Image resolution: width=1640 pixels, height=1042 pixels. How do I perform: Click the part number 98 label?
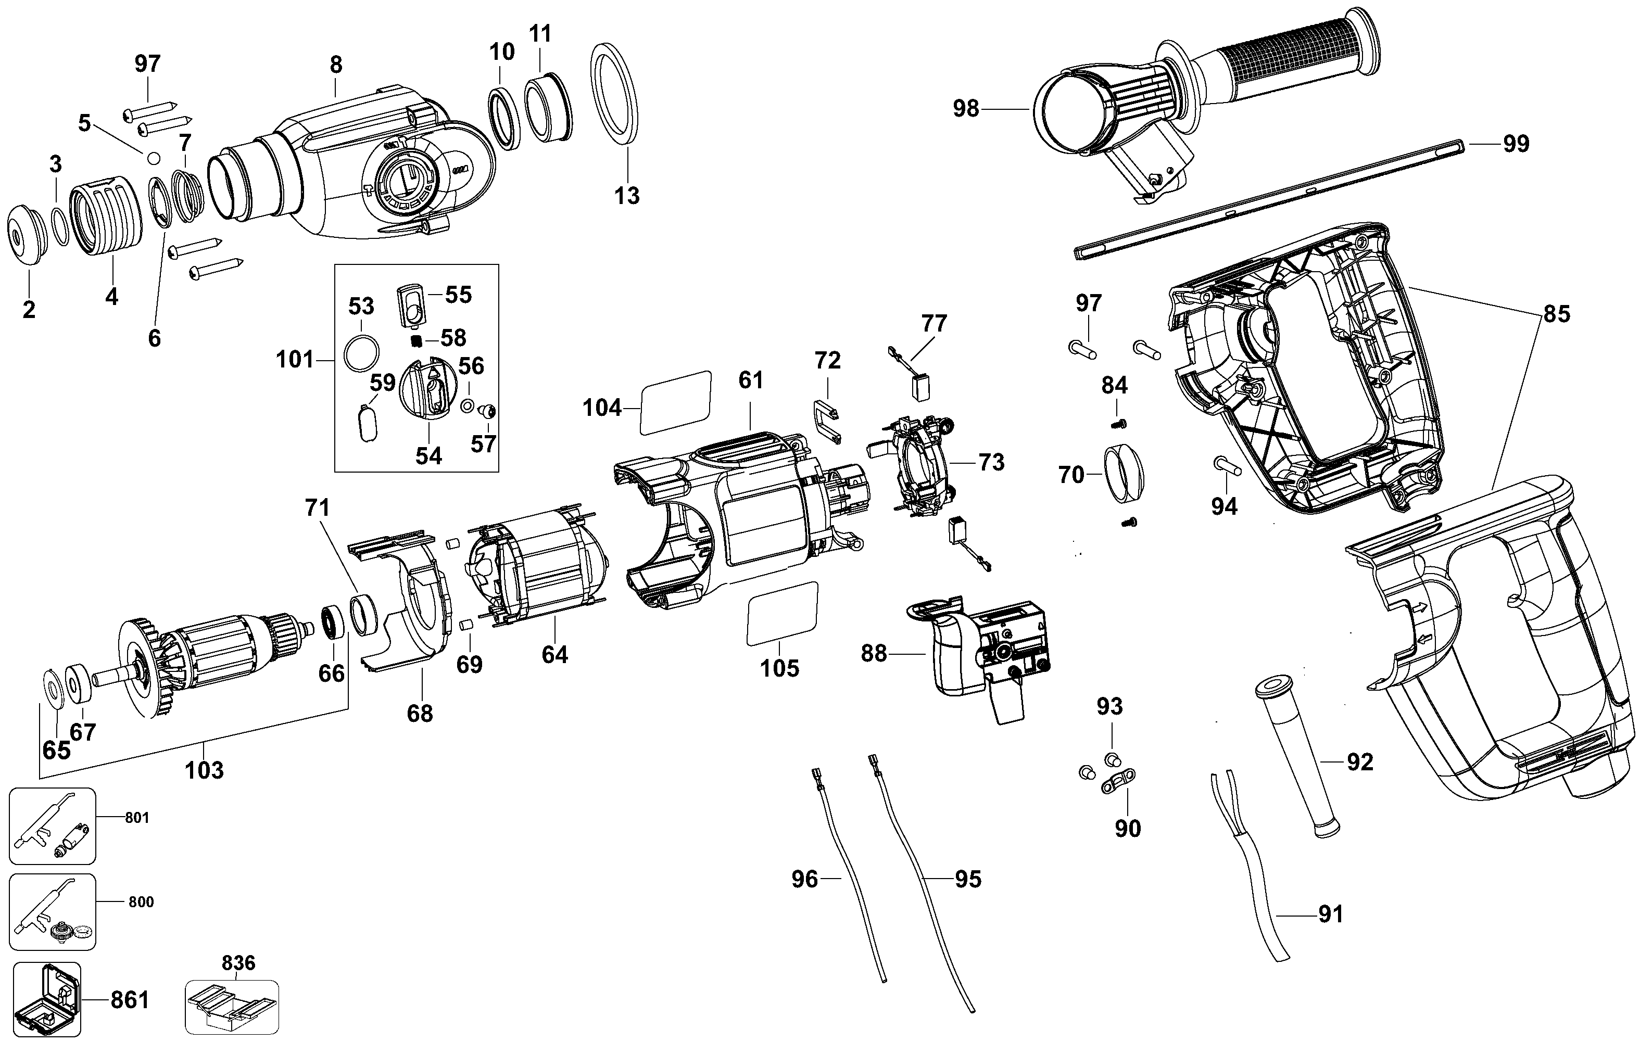[966, 108]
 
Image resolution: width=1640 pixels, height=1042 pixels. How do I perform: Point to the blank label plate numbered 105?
[782, 613]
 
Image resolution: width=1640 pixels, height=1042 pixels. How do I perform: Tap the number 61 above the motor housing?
[751, 380]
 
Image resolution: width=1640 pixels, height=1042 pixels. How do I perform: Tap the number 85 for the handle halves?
[1556, 314]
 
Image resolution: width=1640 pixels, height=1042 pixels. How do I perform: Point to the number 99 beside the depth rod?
[1516, 144]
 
